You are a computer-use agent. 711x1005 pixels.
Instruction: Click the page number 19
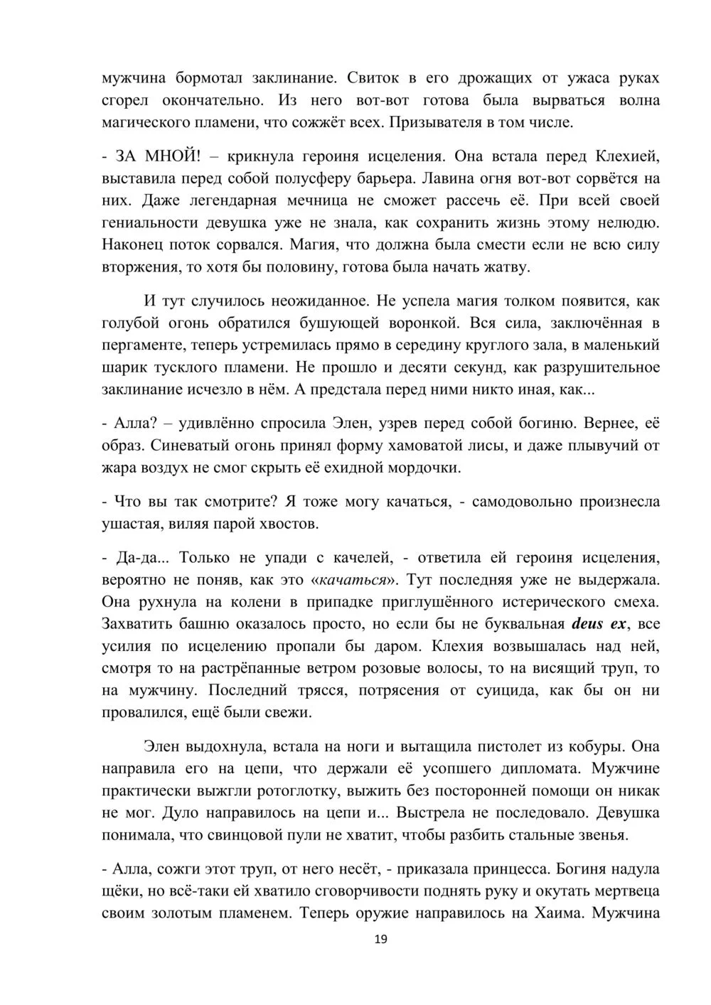click(x=380, y=940)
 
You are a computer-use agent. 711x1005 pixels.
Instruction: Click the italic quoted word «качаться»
click(x=354, y=580)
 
